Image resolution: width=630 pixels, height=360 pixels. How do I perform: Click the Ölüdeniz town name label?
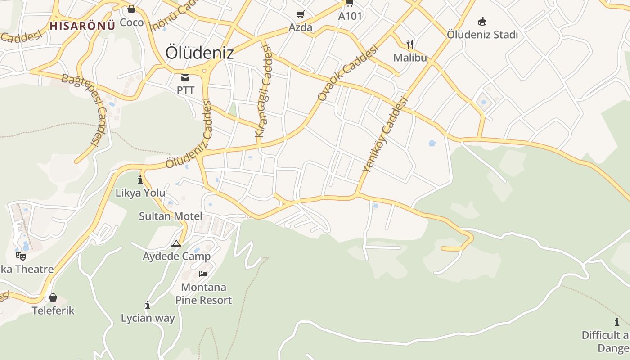(199, 53)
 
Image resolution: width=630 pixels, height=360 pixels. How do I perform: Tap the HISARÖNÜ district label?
(82, 26)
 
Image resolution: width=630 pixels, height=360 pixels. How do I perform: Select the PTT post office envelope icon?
(185, 77)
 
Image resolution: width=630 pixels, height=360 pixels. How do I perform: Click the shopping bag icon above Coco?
(131, 9)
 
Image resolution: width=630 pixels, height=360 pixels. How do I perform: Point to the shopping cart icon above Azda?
(300, 14)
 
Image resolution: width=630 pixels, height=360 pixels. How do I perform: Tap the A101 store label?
(350, 16)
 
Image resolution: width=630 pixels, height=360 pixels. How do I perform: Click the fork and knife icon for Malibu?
(409, 44)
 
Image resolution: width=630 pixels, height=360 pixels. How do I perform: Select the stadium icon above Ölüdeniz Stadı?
(482, 21)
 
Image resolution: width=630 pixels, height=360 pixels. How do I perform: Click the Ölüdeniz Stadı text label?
(482, 35)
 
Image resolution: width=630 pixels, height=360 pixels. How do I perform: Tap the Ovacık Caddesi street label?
(347, 73)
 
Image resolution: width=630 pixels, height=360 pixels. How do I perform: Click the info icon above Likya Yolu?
(140, 180)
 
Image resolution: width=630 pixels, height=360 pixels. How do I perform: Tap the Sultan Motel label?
(171, 216)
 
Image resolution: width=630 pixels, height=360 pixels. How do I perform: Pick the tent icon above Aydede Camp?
(176, 244)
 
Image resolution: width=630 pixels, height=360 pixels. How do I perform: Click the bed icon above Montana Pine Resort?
(203, 274)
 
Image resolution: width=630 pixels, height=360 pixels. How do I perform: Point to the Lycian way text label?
(148, 318)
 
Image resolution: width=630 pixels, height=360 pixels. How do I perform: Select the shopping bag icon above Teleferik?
(53, 297)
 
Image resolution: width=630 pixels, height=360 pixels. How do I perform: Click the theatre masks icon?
(20, 256)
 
